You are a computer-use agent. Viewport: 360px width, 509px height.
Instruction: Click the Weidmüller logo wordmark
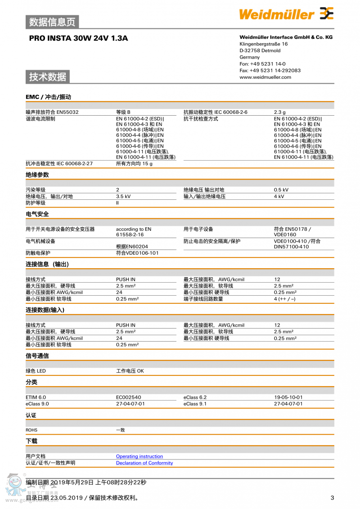(x=276, y=14)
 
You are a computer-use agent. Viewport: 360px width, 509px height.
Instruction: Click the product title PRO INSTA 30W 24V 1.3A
(x=78, y=38)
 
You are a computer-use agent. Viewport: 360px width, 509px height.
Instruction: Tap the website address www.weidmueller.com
(x=265, y=77)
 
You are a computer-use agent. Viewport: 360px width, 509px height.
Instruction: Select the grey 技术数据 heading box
(x=48, y=77)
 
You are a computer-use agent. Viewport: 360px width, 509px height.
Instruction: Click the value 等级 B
(x=123, y=112)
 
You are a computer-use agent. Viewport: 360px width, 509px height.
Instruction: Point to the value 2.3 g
(x=280, y=112)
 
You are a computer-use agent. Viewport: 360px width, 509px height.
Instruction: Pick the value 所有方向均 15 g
(x=134, y=163)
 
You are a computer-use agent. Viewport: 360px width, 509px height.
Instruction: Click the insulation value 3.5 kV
(x=123, y=196)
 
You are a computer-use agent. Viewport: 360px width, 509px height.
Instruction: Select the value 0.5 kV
(x=281, y=190)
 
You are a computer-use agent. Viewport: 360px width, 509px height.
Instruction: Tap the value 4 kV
(x=279, y=196)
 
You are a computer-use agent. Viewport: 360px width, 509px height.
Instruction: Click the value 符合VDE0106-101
(x=137, y=253)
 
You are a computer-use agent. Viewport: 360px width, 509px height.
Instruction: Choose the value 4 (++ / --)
(x=285, y=299)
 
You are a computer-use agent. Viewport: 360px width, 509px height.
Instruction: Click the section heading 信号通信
(x=37, y=356)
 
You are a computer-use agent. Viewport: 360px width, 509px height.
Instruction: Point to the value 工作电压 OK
(x=130, y=371)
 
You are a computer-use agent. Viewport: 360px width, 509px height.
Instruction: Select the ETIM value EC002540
(x=128, y=397)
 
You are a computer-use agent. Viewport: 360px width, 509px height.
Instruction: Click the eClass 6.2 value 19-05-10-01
(x=288, y=397)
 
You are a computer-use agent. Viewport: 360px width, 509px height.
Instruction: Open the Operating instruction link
(x=139, y=456)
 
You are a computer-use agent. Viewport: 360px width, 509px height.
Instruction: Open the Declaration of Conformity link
(x=144, y=463)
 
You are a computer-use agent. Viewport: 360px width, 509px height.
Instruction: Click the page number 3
(x=332, y=497)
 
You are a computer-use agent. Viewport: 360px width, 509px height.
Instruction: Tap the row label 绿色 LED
(x=36, y=371)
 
